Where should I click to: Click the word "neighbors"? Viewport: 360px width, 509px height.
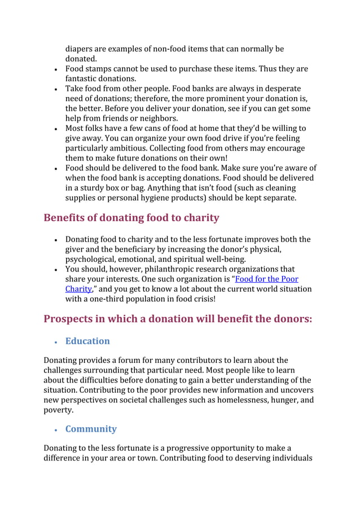click(x=157, y=119)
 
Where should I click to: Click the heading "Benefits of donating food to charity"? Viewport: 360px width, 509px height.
click(x=131, y=218)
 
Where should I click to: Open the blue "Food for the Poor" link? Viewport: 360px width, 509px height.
click(x=266, y=279)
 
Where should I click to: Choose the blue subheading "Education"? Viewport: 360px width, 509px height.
click(x=87, y=341)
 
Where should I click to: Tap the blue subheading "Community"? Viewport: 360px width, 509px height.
click(x=91, y=429)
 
